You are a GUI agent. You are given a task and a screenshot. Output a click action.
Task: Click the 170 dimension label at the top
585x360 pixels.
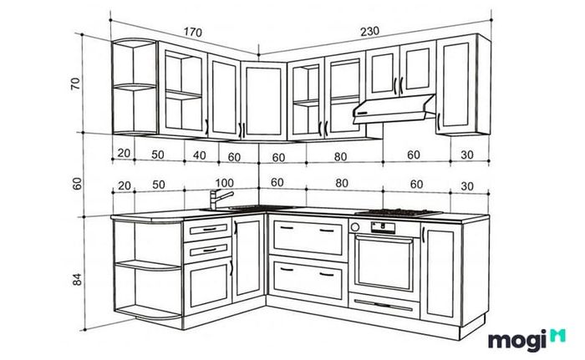point(193,32)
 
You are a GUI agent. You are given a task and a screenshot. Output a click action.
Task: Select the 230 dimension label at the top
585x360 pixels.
point(369,32)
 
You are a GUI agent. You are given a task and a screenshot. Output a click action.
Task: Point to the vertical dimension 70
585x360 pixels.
point(75,84)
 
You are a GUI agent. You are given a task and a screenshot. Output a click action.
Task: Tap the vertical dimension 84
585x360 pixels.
point(77,280)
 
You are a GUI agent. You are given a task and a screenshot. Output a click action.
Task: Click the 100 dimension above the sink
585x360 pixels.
point(224,183)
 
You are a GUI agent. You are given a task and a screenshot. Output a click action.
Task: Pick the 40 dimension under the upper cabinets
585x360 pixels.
point(199,155)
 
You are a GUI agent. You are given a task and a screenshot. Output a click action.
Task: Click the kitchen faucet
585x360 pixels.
point(220,200)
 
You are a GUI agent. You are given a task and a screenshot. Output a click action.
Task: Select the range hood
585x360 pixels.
point(394,109)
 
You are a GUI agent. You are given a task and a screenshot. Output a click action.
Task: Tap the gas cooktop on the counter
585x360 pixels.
point(398,213)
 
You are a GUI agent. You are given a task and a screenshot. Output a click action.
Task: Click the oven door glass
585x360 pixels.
point(384,262)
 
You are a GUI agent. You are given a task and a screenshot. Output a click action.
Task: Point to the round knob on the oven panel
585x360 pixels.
point(355,227)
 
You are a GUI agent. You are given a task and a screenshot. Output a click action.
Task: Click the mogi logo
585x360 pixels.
point(526,340)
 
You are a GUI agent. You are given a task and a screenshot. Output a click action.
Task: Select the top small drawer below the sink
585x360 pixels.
point(207,229)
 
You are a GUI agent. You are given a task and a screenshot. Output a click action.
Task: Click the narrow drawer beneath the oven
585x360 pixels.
point(384,305)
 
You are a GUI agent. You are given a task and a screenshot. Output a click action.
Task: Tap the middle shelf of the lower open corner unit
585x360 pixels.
point(148,266)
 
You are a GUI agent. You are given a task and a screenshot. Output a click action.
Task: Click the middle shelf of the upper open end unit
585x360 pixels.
point(135,87)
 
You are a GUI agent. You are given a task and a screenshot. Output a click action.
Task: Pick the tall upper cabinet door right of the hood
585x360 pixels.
point(456,85)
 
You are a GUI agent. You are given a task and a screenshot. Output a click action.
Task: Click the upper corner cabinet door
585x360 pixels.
point(263,101)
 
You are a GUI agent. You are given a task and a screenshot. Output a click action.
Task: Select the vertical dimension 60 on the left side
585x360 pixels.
point(77,183)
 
